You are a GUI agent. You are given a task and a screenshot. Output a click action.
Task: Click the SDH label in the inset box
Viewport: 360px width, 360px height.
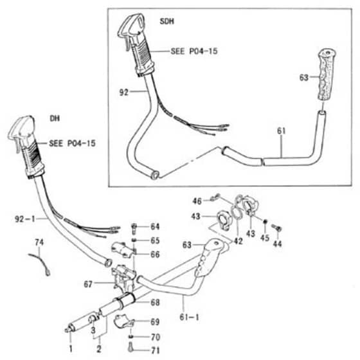(x=167, y=21)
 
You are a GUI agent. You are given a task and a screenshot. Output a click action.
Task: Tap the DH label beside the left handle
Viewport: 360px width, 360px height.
(x=55, y=118)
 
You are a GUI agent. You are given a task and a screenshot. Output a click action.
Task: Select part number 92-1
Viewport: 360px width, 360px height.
(x=25, y=219)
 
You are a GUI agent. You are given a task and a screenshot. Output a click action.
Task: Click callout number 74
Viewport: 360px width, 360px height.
(x=39, y=242)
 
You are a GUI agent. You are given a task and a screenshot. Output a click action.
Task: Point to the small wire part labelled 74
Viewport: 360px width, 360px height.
(x=39, y=264)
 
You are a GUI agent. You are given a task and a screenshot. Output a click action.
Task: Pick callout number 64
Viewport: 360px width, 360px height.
(x=155, y=226)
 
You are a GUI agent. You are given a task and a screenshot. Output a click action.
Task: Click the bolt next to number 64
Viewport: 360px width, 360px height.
(x=134, y=228)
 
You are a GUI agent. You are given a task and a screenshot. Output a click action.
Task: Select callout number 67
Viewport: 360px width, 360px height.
(x=88, y=284)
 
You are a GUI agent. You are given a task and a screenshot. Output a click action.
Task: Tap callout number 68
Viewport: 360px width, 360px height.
(x=155, y=302)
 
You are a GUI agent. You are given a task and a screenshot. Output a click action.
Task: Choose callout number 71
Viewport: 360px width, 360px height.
(x=156, y=350)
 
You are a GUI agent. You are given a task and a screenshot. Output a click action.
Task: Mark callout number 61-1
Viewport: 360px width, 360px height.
(x=189, y=318)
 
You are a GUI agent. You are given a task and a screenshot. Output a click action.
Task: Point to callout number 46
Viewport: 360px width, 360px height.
(x=197, y=201)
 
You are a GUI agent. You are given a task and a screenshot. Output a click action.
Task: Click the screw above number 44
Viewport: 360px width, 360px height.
(x=277, y=228)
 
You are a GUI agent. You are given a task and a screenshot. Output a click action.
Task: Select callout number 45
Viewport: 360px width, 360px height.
(x=265, y=238)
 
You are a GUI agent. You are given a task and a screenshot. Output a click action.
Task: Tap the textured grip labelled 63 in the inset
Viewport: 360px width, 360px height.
(x=327, y=75)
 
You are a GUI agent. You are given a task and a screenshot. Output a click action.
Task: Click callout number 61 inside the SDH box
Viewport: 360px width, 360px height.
(x=282, y=131)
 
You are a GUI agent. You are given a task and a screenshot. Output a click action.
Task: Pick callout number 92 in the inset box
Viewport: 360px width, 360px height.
(x=123, y=93)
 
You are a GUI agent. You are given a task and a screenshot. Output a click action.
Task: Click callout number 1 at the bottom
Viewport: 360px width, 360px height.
(x=71, y=348)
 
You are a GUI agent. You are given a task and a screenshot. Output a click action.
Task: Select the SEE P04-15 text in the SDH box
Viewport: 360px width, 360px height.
(x=194, y=51)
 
